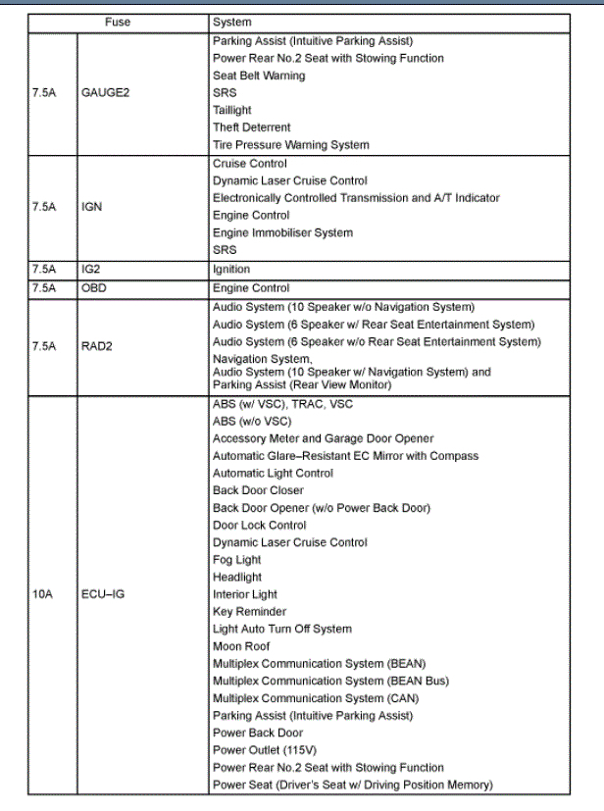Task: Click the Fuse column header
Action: click(x=117, y=22)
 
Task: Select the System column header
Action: click(x=231, y=22)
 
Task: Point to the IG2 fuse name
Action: click(x=91, y=269)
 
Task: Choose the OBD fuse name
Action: click(x=94, y=288)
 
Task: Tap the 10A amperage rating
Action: click(x=43, y=594)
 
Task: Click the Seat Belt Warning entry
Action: click(x=259, y=76)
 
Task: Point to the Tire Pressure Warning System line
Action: click(x=290, y=145)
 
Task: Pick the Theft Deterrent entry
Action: click(x=251, y=127)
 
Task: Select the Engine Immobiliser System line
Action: click(x=282, y=232)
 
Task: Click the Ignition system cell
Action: click(x=231, y=269)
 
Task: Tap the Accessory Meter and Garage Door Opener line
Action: click(x=323, y=438)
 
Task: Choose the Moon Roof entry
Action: click(x=241, y=646)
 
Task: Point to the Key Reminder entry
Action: click(x=249, y=612)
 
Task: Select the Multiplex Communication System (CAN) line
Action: click(x=312, y=698)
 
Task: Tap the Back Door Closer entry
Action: click(x=258, y=490)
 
